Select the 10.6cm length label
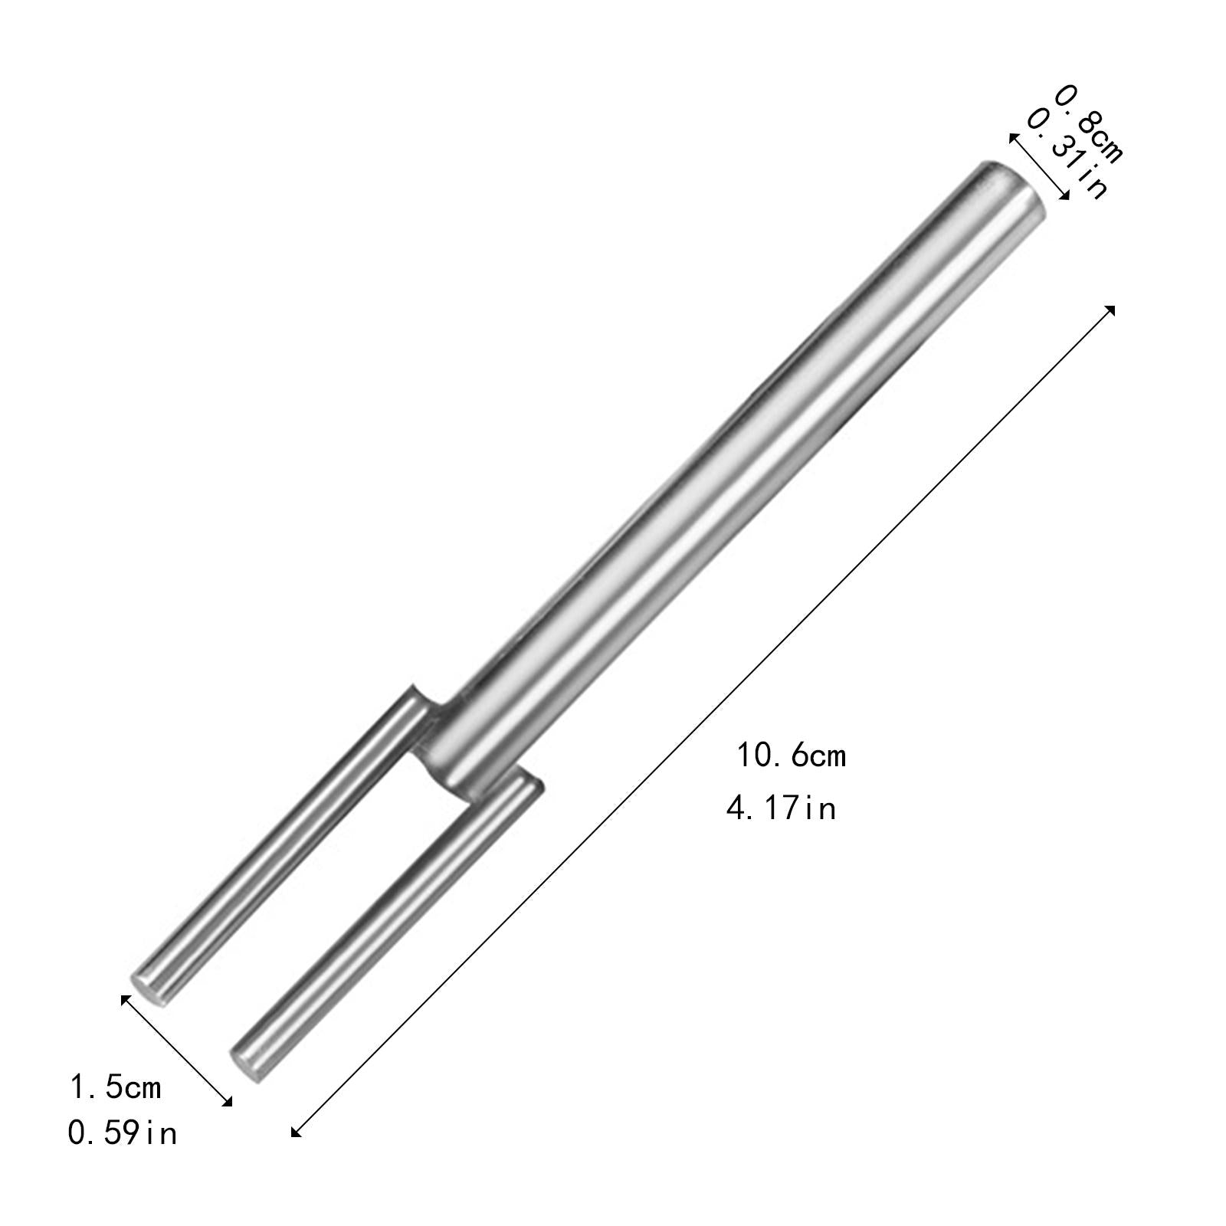click(x=792, y=756)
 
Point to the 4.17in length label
click(x=781, y=808)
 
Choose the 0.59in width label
click(x=123, y=1133)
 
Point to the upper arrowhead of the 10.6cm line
click(x=1110, y=310)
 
